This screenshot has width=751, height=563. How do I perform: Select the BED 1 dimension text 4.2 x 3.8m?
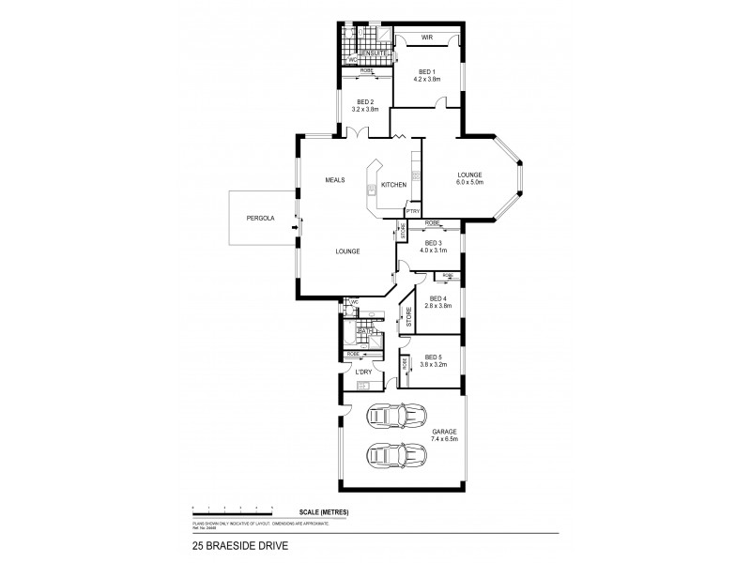[425, 80]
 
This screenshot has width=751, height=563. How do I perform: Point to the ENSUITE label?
[360, 53]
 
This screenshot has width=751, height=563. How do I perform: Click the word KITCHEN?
[393, 185]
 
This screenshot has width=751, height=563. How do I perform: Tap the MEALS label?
[336, 179]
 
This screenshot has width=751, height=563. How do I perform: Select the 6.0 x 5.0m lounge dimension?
[469, 182]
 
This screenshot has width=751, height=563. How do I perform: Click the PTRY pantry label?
[412, 212]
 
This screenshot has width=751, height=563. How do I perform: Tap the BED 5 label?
[433, 357]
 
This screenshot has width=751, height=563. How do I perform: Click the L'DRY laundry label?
[364, 373]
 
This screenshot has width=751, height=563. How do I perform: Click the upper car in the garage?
[393, 415]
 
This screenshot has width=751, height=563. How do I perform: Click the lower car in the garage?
[393, 454]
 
